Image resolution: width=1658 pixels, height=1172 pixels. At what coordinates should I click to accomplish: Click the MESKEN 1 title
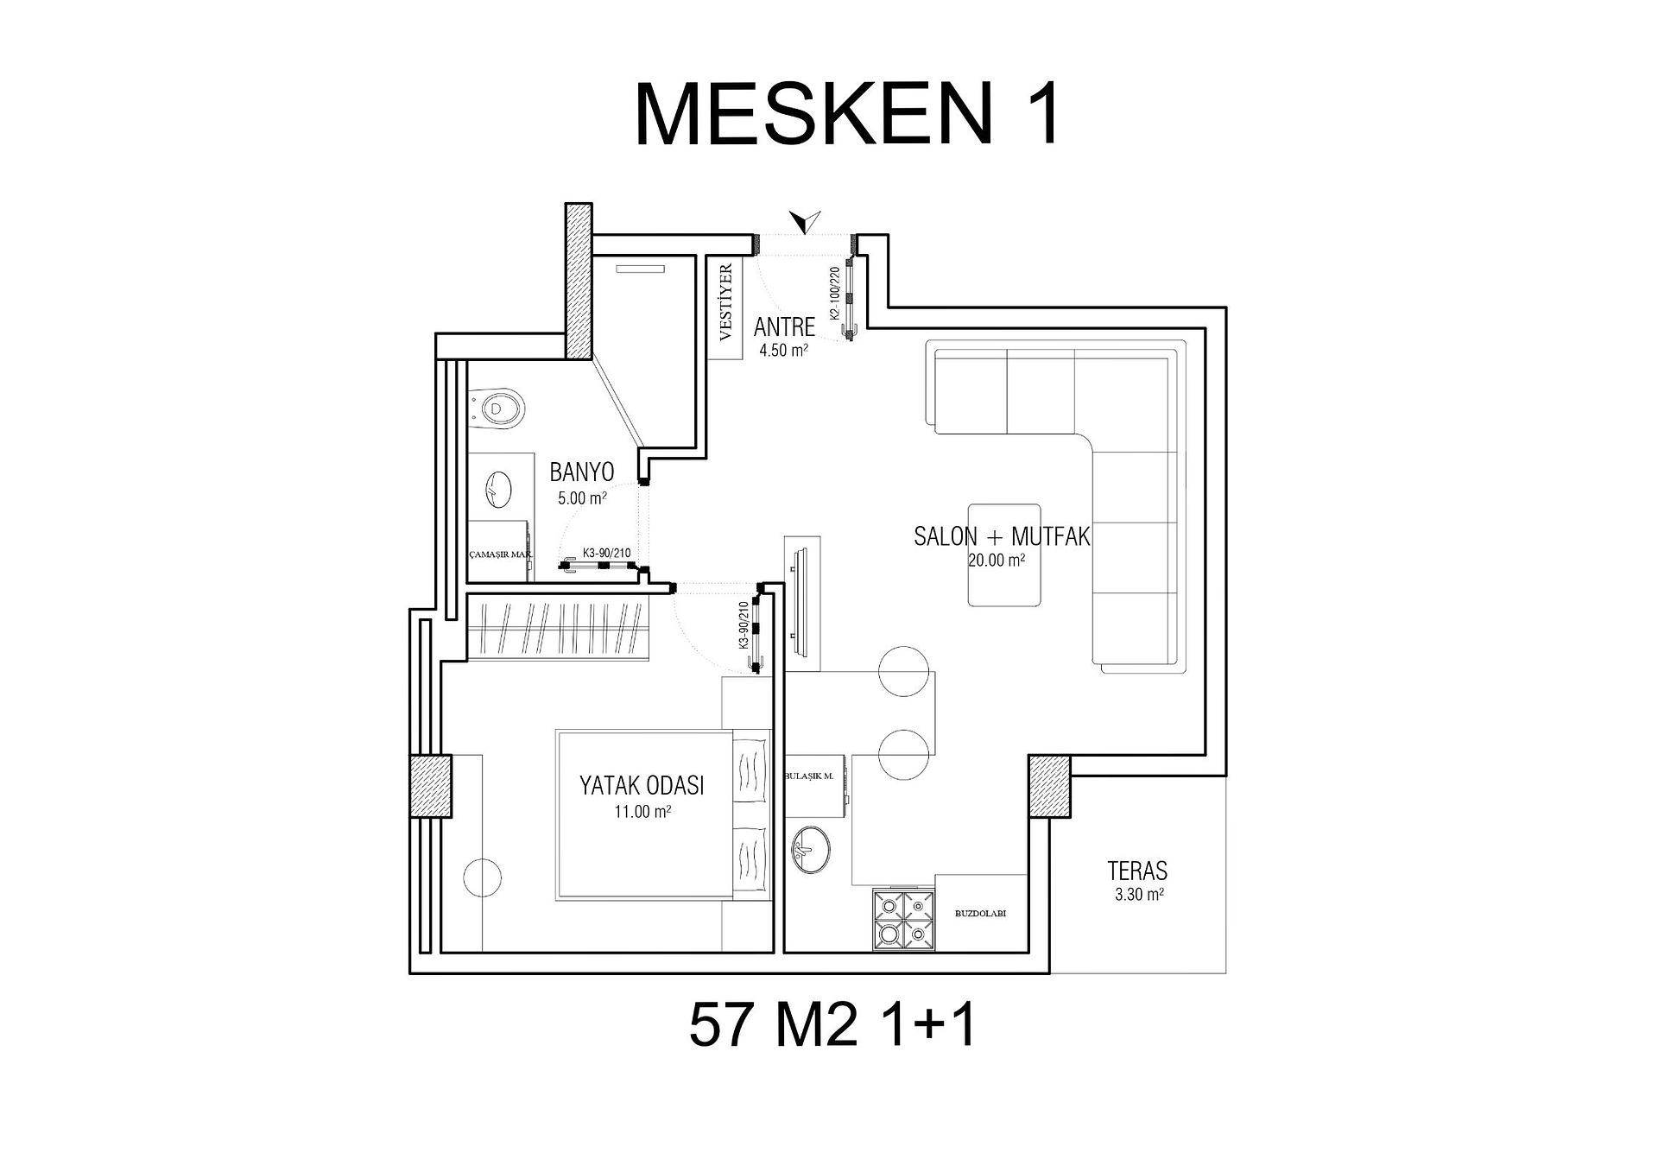coord(847,115)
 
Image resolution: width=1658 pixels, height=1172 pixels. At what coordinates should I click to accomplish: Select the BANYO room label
coord(582,472)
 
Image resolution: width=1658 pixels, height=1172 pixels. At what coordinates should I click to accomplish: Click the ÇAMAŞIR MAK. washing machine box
coord(499,554)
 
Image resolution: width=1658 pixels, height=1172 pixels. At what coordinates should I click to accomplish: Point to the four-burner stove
coord(903,920)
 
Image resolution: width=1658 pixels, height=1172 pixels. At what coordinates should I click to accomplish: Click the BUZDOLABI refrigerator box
coord(980,913)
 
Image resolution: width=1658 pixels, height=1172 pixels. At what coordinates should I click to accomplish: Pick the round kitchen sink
coord(811,850)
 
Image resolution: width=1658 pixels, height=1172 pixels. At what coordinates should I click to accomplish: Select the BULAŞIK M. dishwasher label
coord(809,776)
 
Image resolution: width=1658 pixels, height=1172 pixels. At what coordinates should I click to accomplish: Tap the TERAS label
coord(1137,870)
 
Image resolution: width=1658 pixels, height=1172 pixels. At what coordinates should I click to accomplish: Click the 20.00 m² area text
coord(997,560)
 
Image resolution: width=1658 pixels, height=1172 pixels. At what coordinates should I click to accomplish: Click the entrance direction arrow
coord(806,222)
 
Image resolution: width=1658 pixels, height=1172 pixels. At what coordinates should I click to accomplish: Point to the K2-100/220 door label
coord(835,294)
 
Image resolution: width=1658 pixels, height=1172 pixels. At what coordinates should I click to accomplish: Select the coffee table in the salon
coord(1003,554)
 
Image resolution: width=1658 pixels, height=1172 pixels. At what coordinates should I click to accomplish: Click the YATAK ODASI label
coord(642,785)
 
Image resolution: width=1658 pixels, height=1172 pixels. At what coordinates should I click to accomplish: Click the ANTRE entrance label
coord(784,326)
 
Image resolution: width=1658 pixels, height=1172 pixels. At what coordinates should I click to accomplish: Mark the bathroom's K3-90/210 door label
coord(606,553)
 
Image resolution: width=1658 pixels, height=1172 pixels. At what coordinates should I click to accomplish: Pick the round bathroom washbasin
coord(498,490)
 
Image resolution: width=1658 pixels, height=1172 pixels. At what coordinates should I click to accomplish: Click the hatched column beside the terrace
coord(1049,785)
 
